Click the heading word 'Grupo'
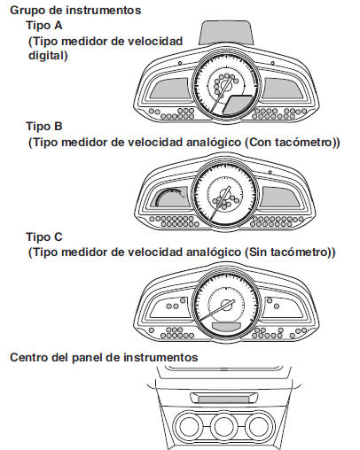coord(27,11)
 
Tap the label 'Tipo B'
coord(44,126)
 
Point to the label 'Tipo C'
coord(44,237)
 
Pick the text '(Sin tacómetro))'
coord(293,253)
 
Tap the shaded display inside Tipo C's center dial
coord(222,327)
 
